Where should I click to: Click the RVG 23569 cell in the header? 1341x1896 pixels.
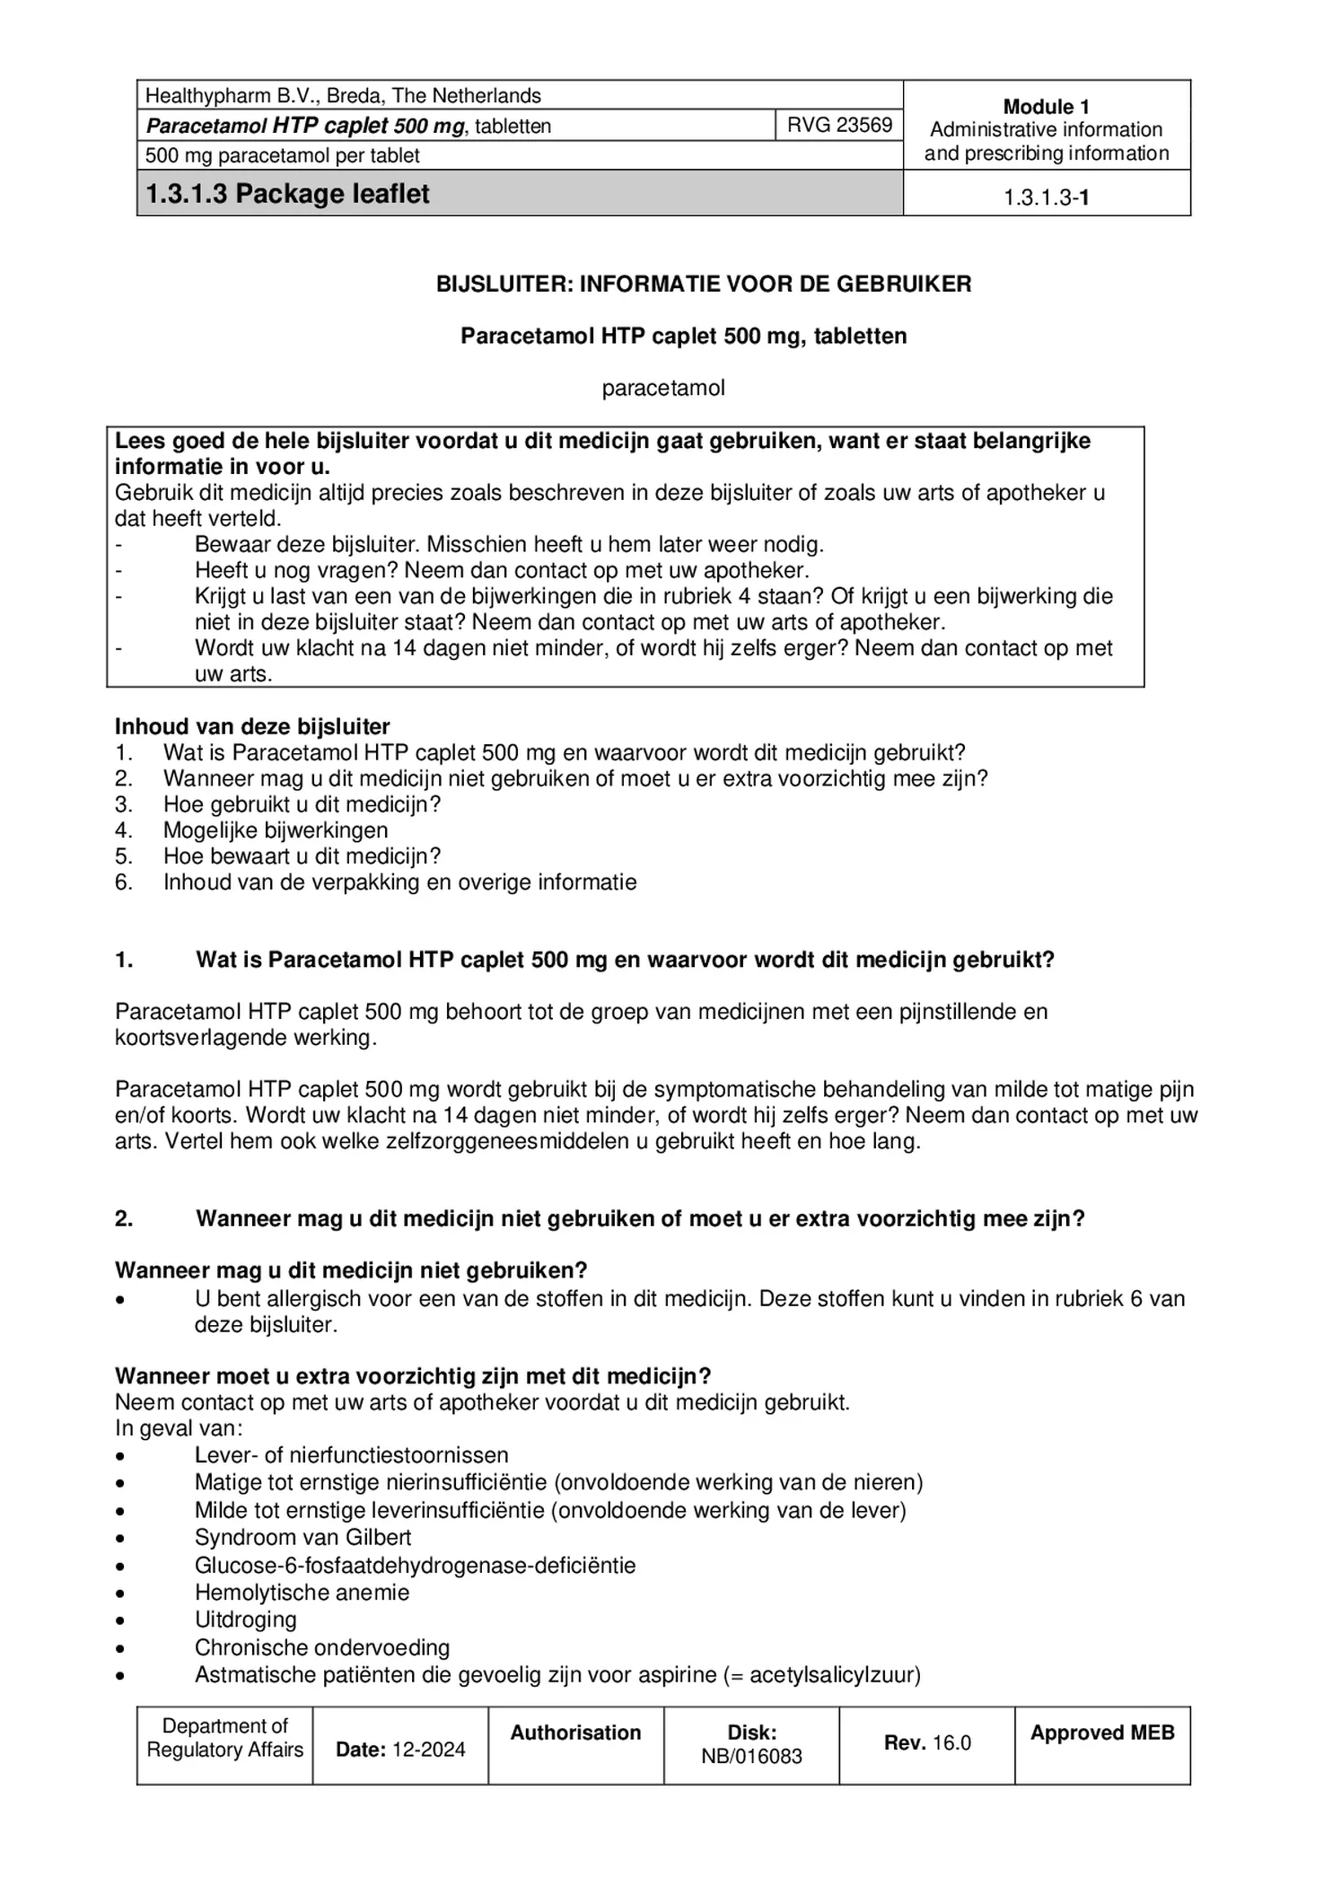838,125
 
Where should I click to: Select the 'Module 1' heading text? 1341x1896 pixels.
1046,107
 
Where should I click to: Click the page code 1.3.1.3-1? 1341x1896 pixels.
1046,198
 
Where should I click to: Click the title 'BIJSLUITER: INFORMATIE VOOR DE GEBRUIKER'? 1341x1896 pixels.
703,285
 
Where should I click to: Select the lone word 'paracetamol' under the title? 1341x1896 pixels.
662,389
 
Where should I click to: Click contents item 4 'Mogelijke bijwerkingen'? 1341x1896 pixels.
275,830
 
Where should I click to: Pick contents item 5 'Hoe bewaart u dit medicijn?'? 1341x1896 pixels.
302,856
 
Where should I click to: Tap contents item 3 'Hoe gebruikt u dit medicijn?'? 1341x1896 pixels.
302,804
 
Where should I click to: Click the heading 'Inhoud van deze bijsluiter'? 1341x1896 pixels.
252,726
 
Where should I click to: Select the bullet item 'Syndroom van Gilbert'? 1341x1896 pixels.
302,1537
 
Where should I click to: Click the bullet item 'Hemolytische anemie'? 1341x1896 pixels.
302,1593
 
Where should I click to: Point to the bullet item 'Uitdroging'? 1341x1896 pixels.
245,1619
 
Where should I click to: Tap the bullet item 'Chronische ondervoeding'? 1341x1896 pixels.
321,1647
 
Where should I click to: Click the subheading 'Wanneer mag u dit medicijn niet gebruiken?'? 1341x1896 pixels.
350,1270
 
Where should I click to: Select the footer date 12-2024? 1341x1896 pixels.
425,1750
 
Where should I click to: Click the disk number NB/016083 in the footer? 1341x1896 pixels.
751,1757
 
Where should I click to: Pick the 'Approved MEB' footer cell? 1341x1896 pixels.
1101,1734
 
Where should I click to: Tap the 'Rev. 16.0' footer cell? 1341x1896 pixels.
927,1743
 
